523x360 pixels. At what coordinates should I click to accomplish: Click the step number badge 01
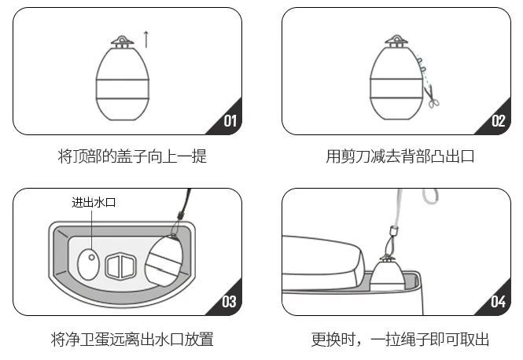click(230, 121)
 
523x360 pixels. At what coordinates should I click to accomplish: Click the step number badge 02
click(498, 121)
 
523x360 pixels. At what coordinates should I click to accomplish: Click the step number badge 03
click(229, 301)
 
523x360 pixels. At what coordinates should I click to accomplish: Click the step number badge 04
click(498, 301)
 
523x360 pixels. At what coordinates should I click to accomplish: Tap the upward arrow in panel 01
click(145, 36)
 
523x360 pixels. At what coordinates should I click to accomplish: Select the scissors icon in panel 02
click(431, 97)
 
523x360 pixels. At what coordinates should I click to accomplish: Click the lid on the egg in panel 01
click(123, 41)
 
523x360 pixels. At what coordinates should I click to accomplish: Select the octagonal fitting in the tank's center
click(122, 266)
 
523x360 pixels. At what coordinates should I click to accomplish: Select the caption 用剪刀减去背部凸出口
click(400, 157)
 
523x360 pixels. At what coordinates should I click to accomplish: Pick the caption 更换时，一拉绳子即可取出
click(400, 340)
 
